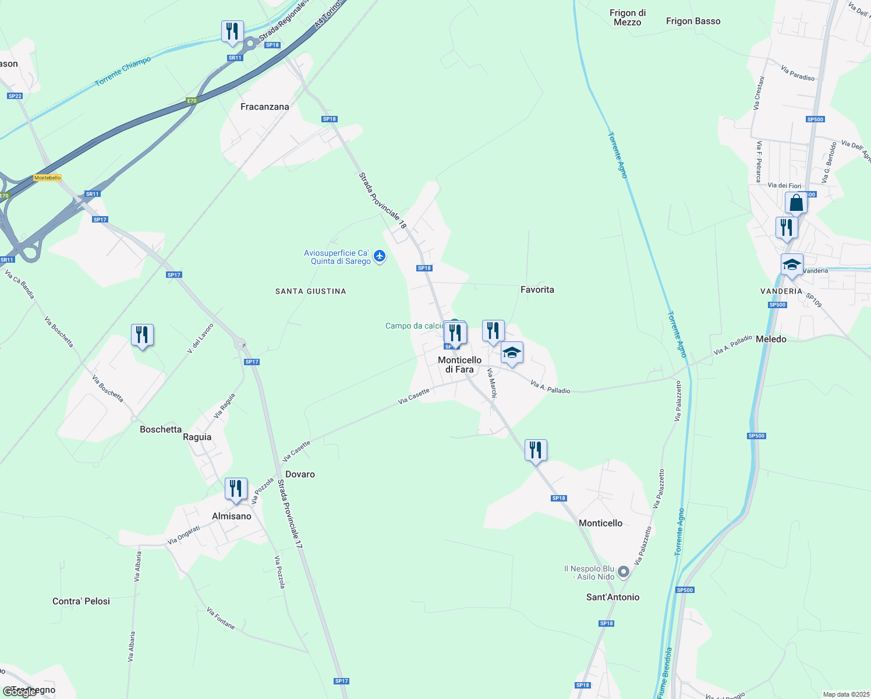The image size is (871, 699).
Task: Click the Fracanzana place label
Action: pos(264,107)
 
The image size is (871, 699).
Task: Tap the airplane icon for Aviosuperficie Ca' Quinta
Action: pos(380,256)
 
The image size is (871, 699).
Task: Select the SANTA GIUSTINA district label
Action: pos(310,291)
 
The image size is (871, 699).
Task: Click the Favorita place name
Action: pos(537,290)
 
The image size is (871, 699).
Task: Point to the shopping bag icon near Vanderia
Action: pos(796,203)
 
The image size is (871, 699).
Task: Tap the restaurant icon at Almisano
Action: pos(236,489)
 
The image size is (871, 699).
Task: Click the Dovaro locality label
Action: pos(300,474)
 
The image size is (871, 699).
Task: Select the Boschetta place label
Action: pos(161,429)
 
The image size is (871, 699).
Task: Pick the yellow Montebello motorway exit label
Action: pos(47,178)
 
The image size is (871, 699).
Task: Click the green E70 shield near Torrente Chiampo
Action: pos(192,101)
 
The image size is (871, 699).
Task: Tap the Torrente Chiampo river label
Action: pos(123,72)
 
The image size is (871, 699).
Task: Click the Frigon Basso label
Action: pos(693,21)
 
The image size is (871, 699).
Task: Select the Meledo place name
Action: pos(771,339)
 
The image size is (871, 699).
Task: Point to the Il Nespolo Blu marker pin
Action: pos(624,572)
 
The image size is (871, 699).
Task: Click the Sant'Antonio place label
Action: pos(612,597)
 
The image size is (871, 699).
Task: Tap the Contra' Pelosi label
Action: pos(81,601)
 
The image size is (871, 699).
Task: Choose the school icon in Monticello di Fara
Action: pos(512,353)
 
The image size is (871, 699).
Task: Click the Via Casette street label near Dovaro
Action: pos(296,450)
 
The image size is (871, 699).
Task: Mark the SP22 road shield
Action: pos(15,96)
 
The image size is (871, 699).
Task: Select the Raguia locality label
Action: pos(197,437)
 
